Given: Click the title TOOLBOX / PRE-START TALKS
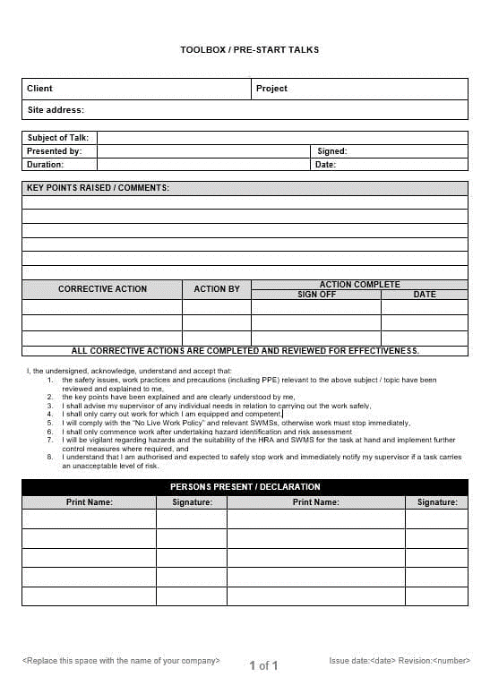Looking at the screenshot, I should (249, 49).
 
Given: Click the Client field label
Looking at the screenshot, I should (39, 89).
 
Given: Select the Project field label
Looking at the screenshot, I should (271, 89).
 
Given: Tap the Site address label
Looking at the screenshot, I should (56, 110).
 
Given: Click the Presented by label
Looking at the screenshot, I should (54, 151).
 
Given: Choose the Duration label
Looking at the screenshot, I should (45, 165).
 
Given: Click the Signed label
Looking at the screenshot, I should (331, 151).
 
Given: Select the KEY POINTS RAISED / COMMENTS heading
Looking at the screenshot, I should (98, 188).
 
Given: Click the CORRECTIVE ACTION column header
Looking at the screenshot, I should (102, 289).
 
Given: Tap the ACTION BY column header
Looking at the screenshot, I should (217, 289).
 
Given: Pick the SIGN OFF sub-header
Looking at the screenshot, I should (316, 295).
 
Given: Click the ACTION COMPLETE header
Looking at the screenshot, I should (359, 285).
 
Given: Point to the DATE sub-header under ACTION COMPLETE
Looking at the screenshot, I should (425, 295).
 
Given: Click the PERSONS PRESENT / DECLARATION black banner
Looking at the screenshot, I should (245, 487).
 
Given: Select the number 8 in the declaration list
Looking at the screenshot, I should (50, 458).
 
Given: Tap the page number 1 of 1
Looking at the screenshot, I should (263, 665).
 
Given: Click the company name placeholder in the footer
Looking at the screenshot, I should (121, 661).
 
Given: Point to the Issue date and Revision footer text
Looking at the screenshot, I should (399, 661).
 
